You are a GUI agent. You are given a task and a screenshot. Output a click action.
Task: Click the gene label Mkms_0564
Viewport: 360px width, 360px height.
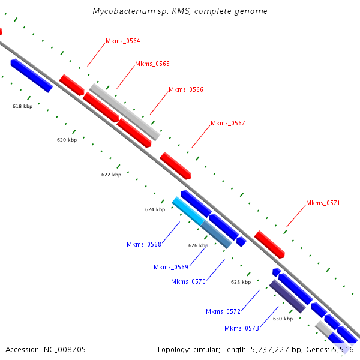pos(122,41)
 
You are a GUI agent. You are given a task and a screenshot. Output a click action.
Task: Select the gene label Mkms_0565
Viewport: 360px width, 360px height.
pos(152,64)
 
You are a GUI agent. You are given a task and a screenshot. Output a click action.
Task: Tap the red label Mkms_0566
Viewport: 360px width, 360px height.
pos(185,89)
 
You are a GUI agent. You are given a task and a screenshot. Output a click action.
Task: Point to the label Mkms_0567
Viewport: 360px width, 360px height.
pos(227,123)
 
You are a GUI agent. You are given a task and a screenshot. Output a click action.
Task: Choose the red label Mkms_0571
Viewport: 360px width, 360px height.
pos(323,203)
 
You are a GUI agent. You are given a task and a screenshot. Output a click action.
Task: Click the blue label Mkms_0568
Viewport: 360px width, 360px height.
pos(144,244)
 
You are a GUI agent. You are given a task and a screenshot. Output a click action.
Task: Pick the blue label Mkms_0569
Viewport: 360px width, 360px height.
pos(171,267)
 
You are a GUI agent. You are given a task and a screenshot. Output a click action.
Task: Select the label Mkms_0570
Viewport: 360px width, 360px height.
pos(188,281)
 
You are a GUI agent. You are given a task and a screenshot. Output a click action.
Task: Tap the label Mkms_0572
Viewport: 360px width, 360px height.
pos(223,311)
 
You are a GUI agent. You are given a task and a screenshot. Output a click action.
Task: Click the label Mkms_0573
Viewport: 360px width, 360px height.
pos(242,328)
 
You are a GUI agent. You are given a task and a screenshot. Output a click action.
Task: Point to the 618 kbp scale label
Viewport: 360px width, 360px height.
pos(22,106)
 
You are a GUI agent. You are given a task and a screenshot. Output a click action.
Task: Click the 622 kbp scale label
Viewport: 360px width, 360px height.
pos(111,175)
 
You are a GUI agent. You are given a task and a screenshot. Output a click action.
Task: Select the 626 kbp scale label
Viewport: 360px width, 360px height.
pos(198,245)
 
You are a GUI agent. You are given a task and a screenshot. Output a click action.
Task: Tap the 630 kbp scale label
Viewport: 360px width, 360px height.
pos(283,319)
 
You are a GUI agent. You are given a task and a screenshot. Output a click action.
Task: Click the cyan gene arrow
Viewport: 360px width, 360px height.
pos(188,211)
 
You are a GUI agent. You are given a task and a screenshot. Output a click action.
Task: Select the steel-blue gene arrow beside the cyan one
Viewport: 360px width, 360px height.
pos(216,234)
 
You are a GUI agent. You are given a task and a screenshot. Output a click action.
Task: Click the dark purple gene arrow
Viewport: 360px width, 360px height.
pos(287,296)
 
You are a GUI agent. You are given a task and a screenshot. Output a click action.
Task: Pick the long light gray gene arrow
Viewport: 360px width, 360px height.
pos(125,112)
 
